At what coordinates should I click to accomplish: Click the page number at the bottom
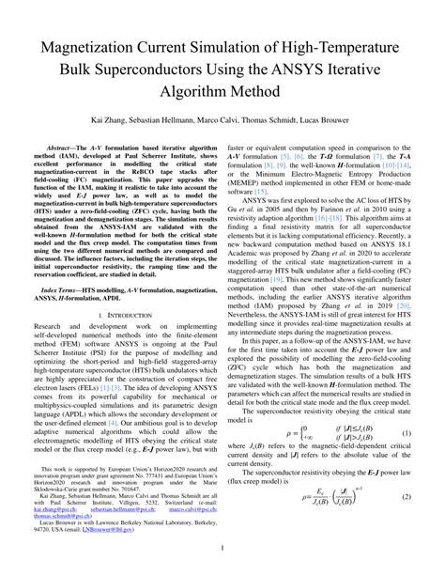click(x=222, y=547)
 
